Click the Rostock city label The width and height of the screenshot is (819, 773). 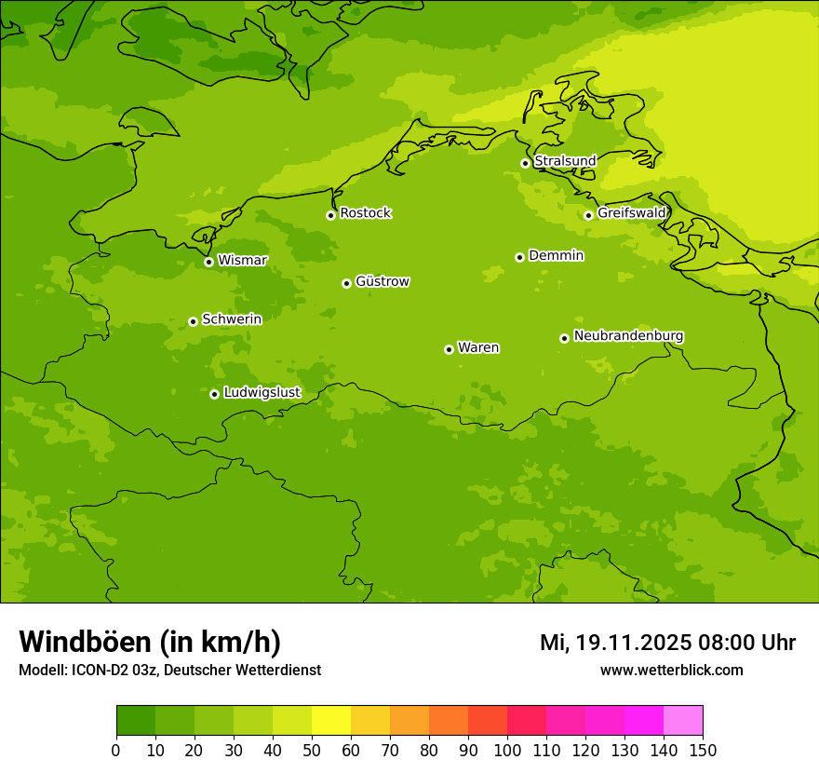click(x=366, y=213)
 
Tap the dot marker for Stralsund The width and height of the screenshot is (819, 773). click(x=525, y=163)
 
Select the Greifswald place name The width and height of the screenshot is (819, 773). click(x=632, y=212)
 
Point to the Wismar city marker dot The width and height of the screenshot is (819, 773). click(x=208, y=262)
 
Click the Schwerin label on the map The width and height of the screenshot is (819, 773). click(x=232, y=319)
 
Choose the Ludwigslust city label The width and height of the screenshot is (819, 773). click(x=262, y=392)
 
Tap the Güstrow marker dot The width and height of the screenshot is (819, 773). click(x=346, y=283)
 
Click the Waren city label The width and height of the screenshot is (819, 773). click(x=478, y=347)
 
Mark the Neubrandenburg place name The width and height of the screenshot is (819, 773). click(x=628, y=335)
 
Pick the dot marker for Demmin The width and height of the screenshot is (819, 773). click(x=519, y=257)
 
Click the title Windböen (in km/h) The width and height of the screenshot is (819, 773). click(x=150, y=642)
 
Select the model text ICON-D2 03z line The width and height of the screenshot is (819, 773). click(x=169, y=670)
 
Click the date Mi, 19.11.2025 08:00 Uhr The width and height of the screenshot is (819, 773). click(x=667, y=643)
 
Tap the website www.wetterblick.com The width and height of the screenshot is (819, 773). click(x=671, y=670)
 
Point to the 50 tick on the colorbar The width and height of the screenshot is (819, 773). click(x=312, y=750)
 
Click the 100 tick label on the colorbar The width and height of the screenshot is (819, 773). click(x=507, y=750)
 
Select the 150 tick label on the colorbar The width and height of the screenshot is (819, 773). click(x=703, y=750)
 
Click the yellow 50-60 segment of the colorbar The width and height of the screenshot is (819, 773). click(x=331, y=721)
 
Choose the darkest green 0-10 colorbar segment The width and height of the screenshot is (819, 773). click(x=136, y=721)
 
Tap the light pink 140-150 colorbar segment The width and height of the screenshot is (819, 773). click(x=683, y=721)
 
